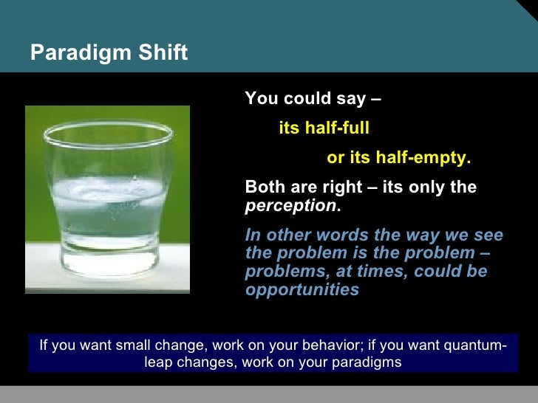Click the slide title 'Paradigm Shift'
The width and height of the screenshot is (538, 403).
(x=109, y=53)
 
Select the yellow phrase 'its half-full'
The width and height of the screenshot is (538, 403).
(x=324, y=128)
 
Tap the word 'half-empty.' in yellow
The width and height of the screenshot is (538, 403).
(x=423, y=158)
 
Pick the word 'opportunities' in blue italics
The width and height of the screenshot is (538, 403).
(x=302, y=289)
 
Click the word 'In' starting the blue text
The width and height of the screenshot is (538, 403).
(x=252, y=235)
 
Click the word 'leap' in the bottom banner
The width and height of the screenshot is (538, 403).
(x=158, y=362)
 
